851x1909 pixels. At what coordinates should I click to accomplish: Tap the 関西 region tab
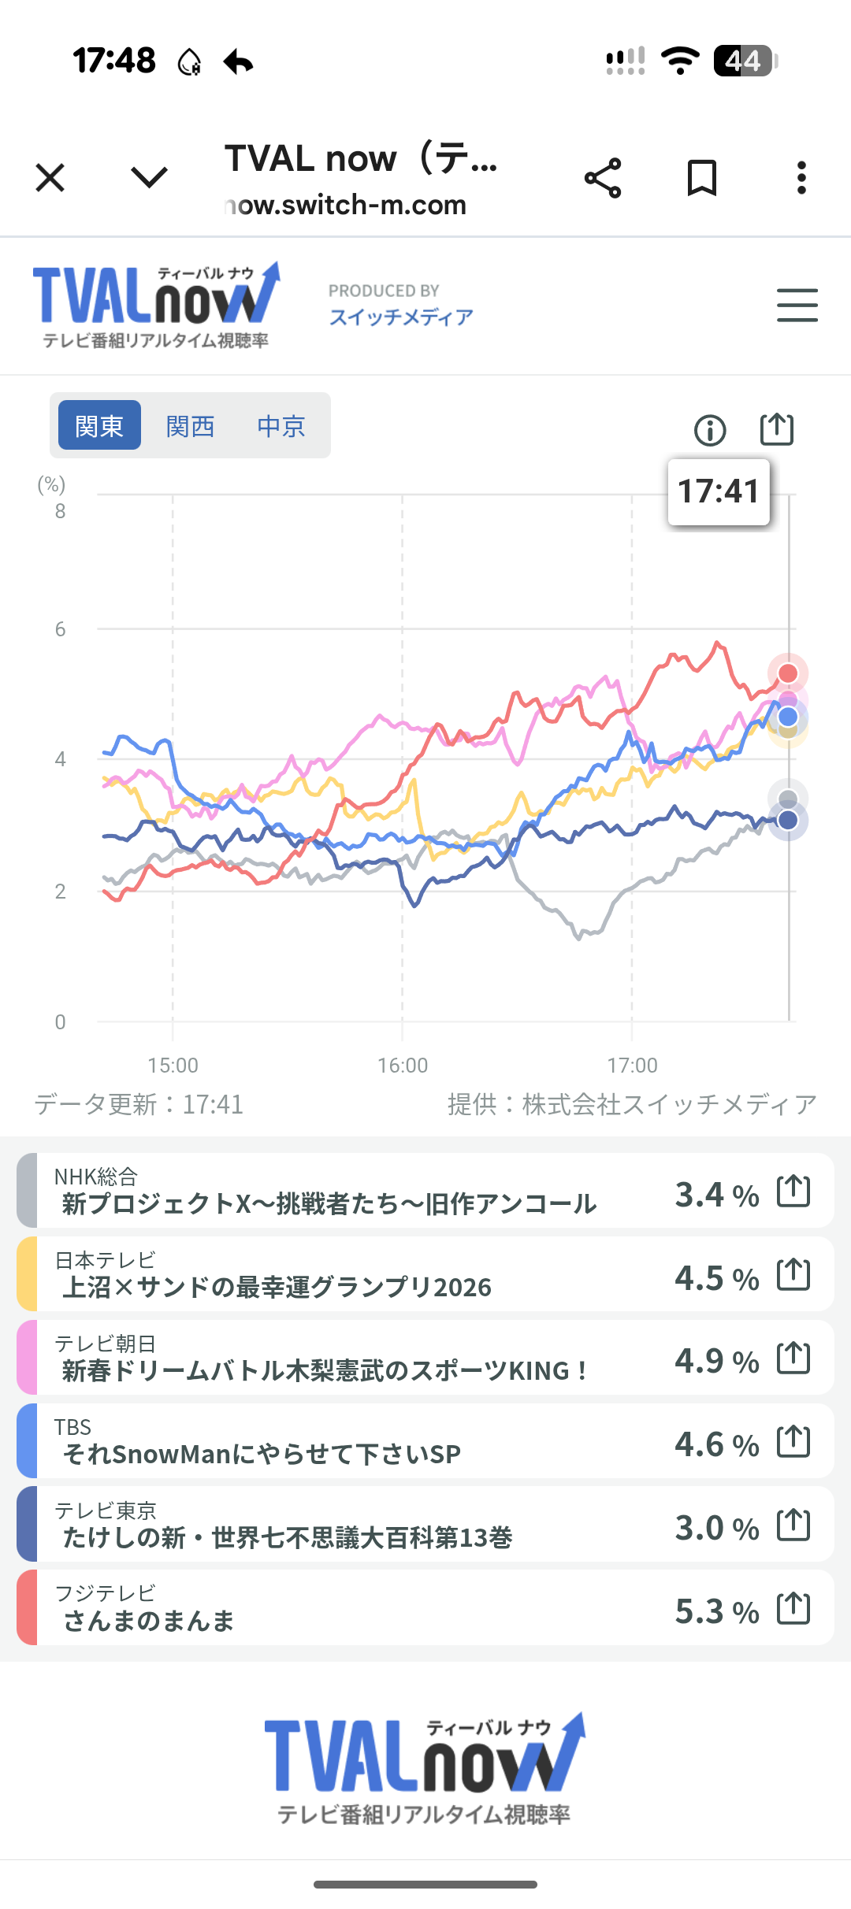click(x=190, y=426)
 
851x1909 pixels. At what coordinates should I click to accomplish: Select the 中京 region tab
click(x=281, y=426)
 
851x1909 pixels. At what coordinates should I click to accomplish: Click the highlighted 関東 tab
click(x=99, y=425)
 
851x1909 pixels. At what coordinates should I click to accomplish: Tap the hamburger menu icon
click(x=797, y=306)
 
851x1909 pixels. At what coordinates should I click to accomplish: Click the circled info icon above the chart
click(x=710, y=430)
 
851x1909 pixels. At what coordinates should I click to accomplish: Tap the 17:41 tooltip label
click(x=719, y=491)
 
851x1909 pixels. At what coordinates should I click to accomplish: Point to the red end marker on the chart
click(x=788, y=673)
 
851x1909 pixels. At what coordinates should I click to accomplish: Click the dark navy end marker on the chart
click(x=788, y=821)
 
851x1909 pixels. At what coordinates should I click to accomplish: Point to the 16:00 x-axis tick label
click(x=403, y=1066)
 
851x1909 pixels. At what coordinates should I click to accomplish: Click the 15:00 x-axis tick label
click(x=173, y=1066)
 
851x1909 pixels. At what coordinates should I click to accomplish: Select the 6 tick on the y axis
click(x=60, y=629)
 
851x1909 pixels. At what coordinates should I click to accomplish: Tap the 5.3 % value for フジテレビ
click(x=716, y=1611)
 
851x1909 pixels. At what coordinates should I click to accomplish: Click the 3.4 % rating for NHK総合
click(x=716, y=1195)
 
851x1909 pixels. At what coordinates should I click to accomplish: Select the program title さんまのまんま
click(x=149, y=1621)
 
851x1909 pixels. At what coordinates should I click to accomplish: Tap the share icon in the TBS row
click(x=793, y=1441)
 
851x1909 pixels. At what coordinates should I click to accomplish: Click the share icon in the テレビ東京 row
click(x=793, y=1525)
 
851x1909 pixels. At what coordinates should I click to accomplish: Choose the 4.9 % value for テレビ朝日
click(x=716, y=1361)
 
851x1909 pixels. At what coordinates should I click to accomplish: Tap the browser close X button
click(x=50, y=178)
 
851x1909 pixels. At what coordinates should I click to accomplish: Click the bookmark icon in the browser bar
click(x=701, y=178)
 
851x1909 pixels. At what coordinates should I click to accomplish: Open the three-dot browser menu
click(x=801, y=178)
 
